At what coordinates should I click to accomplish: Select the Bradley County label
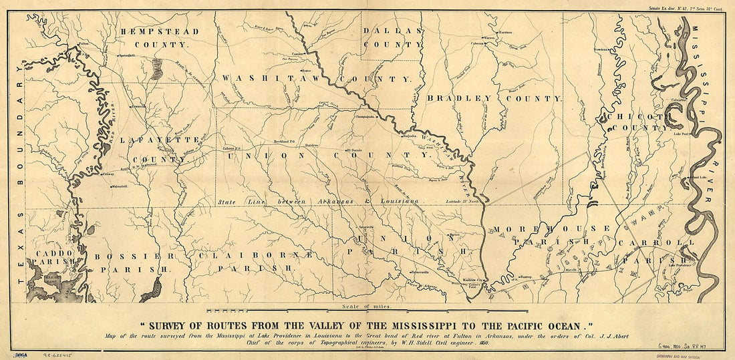point(494,98)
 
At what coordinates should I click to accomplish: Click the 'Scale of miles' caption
point(361,307)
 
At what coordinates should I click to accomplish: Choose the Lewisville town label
point(138,106)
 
